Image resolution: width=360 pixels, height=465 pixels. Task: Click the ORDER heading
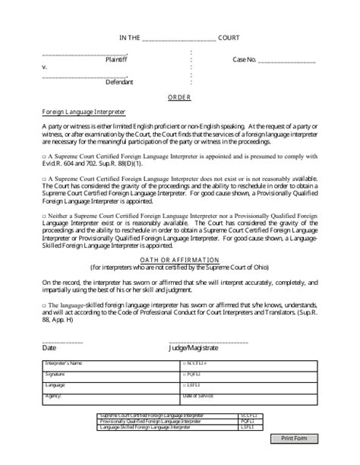click(180, 98)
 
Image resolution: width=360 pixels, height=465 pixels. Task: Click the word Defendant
click(119, 81)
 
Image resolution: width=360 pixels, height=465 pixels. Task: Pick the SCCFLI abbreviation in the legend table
click(248, 416)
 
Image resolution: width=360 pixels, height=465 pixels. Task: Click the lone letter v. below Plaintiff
click(45, 68)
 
